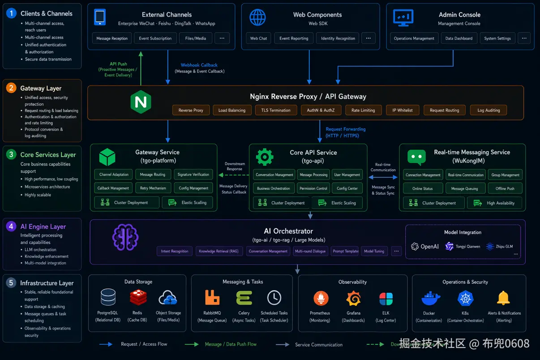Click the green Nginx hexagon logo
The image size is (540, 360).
pyautogui.click(x=141, y=102)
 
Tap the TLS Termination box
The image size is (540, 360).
pyautogui.click(x=276, y=110)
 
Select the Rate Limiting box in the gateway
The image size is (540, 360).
pyautogui.click(x=363, y=110)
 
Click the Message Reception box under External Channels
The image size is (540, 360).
pyautogui.click(x=112, y=39)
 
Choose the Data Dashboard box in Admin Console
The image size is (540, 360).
pyautogui.click(x=459, y=39)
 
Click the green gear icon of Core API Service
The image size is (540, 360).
pyautogui.click(x=265, y=157)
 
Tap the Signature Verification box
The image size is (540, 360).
pyautogui.click(x=193, y=175)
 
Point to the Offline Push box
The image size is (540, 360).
pyautogui.click(x=505, y=189)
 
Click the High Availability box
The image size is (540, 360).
pyautogui.click(x=496, y=203)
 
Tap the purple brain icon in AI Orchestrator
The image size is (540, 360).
pyautogui.click(x=122, y=237)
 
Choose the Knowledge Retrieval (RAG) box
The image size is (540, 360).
pyautogui.click(x=219, y=251)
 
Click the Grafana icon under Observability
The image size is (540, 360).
pyautogui.click(x=353, y=298)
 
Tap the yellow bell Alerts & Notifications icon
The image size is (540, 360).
pyautogui.click(x=503, y=298)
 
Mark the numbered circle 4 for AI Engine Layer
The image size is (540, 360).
pyautogui.click(x=11, y=227)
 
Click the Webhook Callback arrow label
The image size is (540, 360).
pyautogui.click(x=199, y=65)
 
